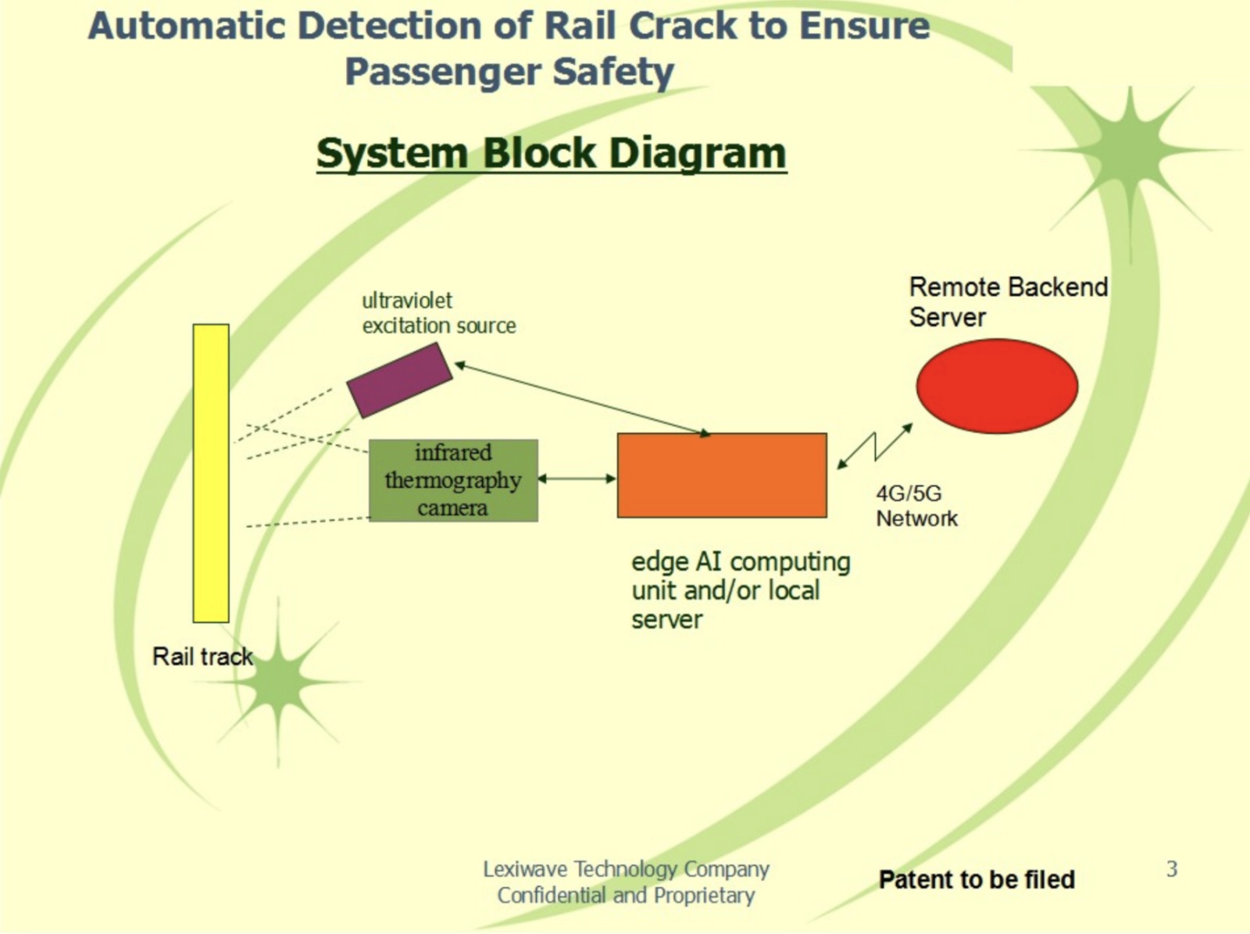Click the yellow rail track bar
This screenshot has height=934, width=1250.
[x=211, y=472]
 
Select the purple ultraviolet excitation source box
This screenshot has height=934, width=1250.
[x=399, y=380]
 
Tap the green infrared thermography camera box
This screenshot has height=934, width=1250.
[x=453, y=480]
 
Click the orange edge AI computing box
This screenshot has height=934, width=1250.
[x=722, y=475]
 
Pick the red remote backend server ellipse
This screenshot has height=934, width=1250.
[x=997, y=386]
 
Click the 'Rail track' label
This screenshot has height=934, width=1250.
[x=202, y=657]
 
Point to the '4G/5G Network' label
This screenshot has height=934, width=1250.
[x=916, y=506]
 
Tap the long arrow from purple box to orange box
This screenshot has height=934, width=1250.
[x=582, y=398]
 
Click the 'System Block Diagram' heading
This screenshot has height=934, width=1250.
[x=551, y=153]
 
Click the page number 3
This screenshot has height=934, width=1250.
[x=1171, y=868]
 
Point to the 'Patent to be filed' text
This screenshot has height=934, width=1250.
[x=977, y=879]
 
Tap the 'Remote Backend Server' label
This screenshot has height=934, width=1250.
[x=1007, y=302]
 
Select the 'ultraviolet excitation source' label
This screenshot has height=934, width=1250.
[x=438, y=312]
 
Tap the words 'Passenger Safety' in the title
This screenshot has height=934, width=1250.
[x=509, y=72]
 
